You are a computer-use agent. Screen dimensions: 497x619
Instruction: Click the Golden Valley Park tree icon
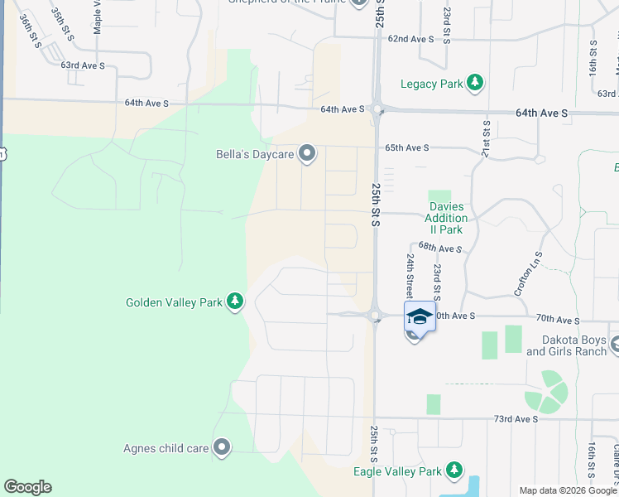click(236, 301)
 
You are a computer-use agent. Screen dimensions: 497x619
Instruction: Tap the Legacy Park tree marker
click(475, 82)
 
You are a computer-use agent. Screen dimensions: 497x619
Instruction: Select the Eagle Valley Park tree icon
click(453, 470)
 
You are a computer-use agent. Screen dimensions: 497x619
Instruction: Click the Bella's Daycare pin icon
click(307, 153)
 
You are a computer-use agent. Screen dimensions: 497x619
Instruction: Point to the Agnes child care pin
click(222, 448)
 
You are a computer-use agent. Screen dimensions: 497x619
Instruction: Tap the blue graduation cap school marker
click(420, 316)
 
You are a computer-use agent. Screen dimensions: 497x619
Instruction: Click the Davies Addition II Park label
click(447, 218)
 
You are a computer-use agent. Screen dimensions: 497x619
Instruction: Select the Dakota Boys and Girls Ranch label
click(567, 345)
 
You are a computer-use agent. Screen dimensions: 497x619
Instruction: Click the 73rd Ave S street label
click(513, 419)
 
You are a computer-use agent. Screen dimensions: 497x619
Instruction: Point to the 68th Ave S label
click(439, 247)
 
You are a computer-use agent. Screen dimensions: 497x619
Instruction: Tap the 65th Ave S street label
click(406, 147)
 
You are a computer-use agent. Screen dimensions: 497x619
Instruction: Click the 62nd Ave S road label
click(411, 39)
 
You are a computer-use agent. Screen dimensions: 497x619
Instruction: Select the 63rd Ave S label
click(84, 65)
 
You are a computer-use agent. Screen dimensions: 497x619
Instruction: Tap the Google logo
click(27, 487)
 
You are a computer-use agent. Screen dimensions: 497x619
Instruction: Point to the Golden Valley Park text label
click(174, 302)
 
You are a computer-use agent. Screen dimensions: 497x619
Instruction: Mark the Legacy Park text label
click(431, 84)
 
